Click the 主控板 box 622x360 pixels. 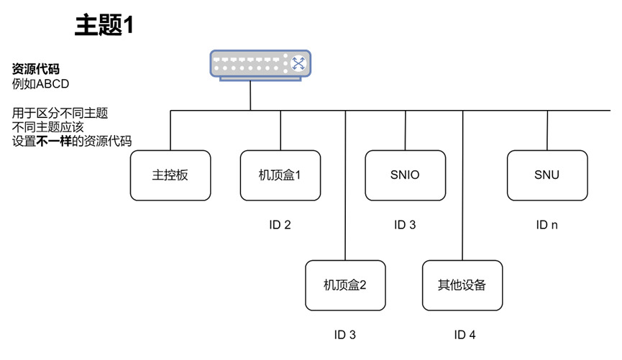point(170,175)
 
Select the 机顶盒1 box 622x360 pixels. point(280,175)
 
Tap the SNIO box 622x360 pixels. point(405,175)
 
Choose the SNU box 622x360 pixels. point(547,175)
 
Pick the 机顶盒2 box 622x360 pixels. point(345,285)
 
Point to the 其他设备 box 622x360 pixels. point(462,285)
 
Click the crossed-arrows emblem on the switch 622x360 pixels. point(298,63)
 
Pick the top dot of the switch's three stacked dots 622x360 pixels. point(285,56)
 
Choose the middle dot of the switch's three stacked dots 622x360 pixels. point(285,63)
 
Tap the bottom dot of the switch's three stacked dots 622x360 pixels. point(285,70)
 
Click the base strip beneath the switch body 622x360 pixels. point(260,78)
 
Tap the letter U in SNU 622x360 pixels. point(555,175)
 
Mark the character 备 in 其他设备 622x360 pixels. point(480,285)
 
